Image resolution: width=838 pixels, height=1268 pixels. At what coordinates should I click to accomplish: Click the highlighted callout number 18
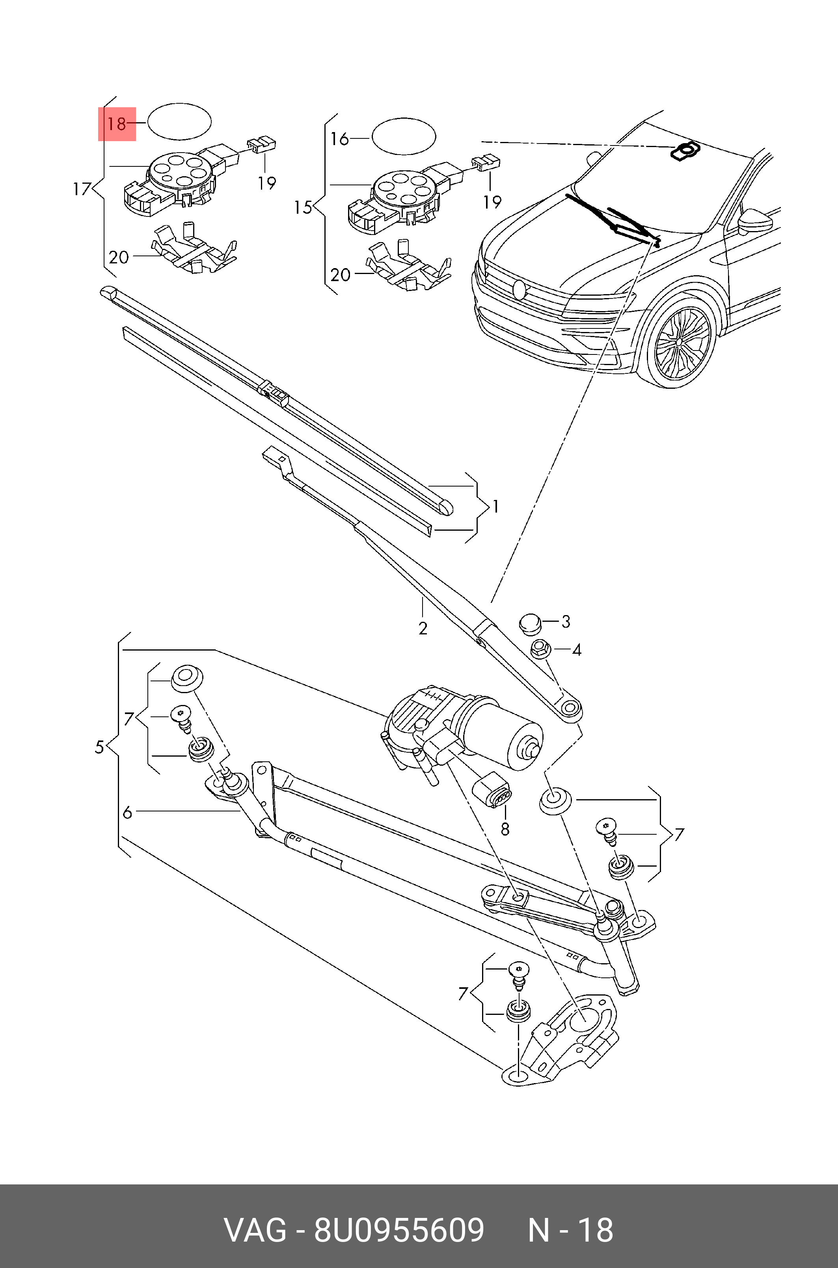click(116, 124)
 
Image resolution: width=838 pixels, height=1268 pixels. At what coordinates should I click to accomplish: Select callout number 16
click(339, 139)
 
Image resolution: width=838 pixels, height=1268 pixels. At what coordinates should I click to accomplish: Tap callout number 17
click(82, 189)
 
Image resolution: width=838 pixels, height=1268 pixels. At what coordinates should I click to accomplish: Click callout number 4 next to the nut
click(576, 650)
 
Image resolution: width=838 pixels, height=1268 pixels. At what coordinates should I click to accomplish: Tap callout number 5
click(99, 747)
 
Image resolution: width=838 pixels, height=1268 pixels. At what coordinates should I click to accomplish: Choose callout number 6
click(127, 813)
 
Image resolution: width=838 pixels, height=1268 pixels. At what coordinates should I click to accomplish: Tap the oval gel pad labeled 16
click(404, 137)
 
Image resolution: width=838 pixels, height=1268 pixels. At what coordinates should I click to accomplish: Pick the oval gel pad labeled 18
click(180, 122)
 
